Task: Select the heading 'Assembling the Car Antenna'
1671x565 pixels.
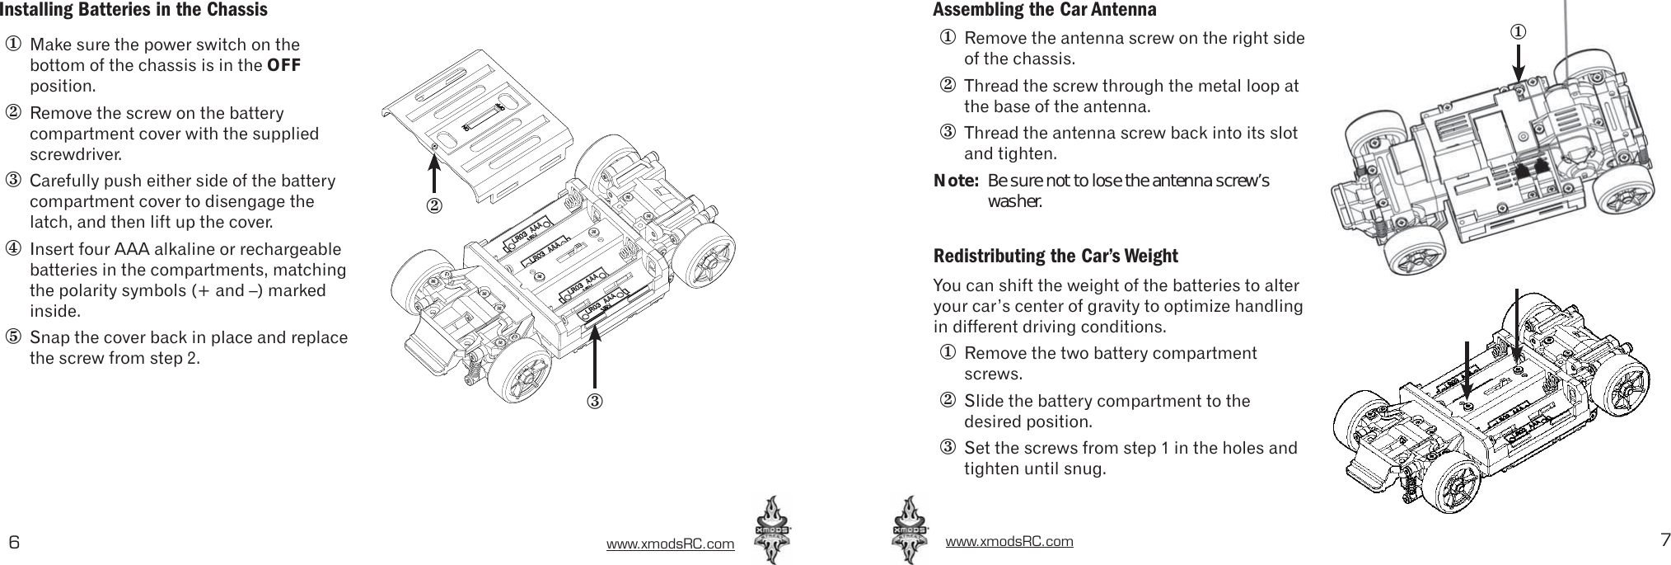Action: [1044, 11]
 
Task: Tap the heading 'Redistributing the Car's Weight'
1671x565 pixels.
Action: [1055, 256]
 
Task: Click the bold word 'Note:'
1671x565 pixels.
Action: [955, 181]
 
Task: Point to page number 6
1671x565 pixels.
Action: [13, 542]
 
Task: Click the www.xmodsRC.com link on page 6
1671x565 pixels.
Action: [670, 544]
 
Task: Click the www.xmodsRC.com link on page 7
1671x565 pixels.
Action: [1009, 541]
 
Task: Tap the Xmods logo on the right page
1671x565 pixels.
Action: [910, 530]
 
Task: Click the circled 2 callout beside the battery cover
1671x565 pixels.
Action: [433, 204]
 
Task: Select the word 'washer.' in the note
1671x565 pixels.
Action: [1015, 202]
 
